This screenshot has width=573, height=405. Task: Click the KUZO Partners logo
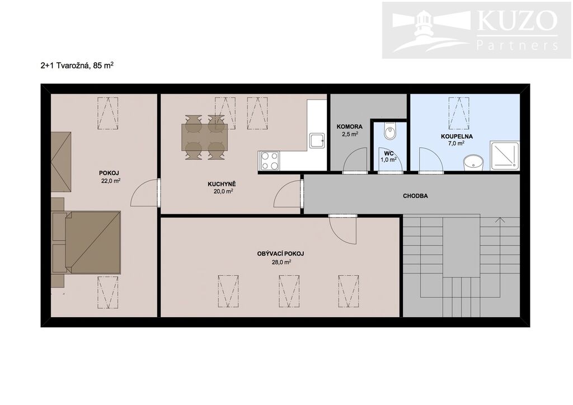[x=477, y=30]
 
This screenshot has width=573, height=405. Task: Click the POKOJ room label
[x=109, y=173]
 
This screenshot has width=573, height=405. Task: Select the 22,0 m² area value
[x=111, y=181]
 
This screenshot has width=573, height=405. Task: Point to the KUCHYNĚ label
[x=222, y=184]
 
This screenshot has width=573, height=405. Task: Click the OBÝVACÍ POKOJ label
[x=281, y=253]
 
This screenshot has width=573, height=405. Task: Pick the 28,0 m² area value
[x=281, y=261]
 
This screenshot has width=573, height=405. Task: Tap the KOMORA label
[x=350, y=127]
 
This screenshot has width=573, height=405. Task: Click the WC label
[x=389, y=153]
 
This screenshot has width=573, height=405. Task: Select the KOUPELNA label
[x=457, y=136]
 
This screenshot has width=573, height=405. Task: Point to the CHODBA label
[x=416, y=196]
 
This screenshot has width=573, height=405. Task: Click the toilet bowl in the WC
[x=390, y=131]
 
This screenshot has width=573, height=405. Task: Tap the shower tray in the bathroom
[x=504, y=156]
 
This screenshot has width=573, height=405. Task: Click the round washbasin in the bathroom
[x=473, y=163]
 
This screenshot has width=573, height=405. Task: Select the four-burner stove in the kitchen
[x=269, y=161]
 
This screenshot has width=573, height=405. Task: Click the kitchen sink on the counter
[x=317, y=141]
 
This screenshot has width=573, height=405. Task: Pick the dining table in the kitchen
[x=205, y=137]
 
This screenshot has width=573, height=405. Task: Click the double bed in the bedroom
[x=87, y=242]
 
